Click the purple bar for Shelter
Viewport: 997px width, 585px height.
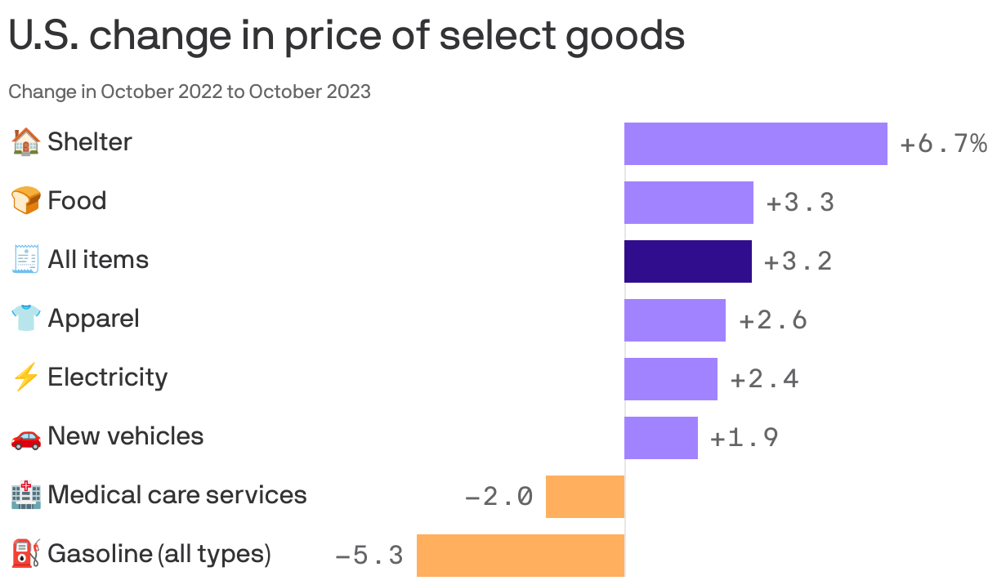[755, 144]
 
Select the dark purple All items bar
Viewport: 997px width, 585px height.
[687, 261]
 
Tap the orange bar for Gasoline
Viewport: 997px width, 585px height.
[521, 556]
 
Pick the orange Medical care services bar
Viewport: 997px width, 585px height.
[584, 497]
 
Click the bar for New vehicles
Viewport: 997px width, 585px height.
[660, 438]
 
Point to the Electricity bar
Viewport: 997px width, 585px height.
[670, 379]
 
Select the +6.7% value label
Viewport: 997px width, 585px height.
[943, 145]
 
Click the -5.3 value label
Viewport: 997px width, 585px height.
[369, 556]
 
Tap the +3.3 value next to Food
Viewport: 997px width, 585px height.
[800, 203]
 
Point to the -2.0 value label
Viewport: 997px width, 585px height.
[499, 497]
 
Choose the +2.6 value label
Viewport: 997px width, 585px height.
[773, 320]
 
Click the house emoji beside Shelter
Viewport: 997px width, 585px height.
[25, 142]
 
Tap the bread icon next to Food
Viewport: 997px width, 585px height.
[25, 201]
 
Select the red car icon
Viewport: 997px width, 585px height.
[25, 437]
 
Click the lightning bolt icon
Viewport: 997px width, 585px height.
[25, 377]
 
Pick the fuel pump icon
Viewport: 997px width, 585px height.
[25, 554]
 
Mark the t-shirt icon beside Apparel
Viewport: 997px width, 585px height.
[25, 319]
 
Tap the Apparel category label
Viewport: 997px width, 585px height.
[93, 319]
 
